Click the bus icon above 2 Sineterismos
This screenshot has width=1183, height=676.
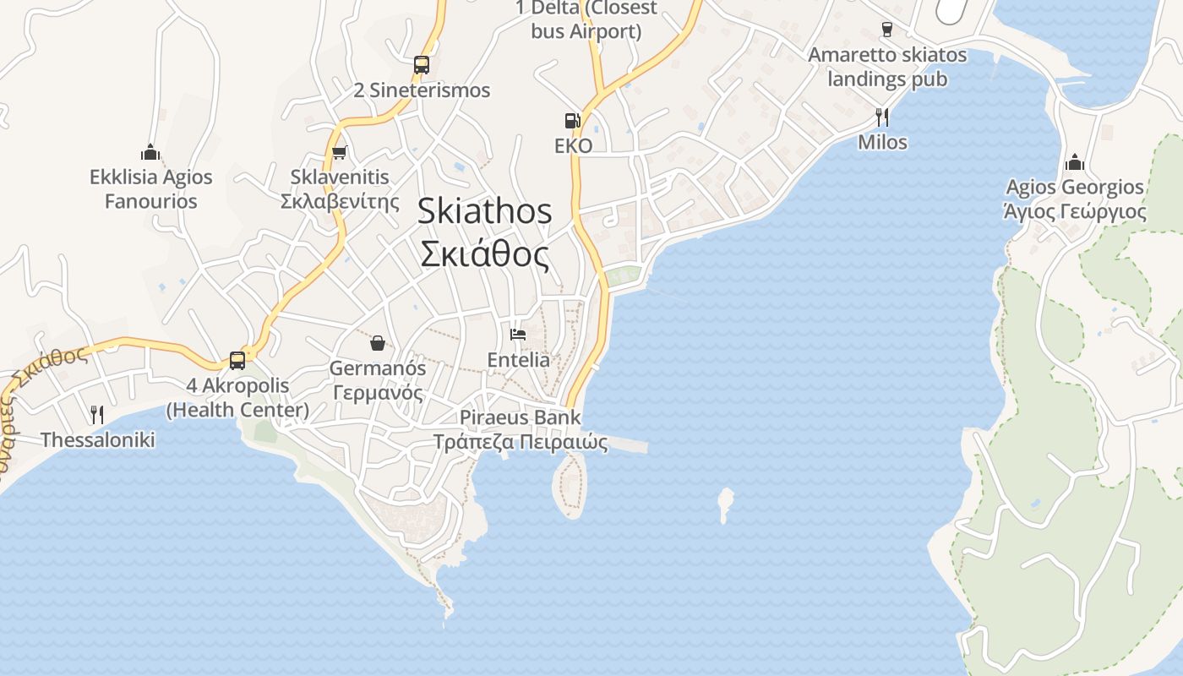[421, 64]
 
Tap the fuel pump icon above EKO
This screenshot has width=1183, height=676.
[573, 120]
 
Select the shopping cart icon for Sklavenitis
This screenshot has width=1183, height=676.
[339, 153]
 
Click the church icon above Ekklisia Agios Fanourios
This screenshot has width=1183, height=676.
[150, 153]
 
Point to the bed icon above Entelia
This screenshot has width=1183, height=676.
[518, 335]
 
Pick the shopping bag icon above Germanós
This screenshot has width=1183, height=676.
[377, 343]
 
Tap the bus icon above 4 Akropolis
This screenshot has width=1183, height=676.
[237, 361]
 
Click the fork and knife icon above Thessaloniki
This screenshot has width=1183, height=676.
[97, 414]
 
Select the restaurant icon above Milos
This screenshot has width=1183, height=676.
[882, 117]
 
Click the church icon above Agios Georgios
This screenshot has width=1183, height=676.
[1075, 161]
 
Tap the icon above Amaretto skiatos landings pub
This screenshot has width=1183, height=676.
[886, 30]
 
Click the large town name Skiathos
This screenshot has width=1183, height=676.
[484, 211]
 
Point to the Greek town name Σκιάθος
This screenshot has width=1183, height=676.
[484, 253]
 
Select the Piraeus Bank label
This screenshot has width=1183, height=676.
[520, 417]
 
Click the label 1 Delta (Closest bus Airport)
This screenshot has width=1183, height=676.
[586, 19]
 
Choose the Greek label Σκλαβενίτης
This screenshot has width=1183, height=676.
[340, 202]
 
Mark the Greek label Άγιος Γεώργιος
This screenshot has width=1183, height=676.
[1074, 211]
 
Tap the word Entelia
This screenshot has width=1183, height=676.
[518, 360]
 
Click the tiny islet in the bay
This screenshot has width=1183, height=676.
[725, 504]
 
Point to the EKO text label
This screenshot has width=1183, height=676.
[573, 146]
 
